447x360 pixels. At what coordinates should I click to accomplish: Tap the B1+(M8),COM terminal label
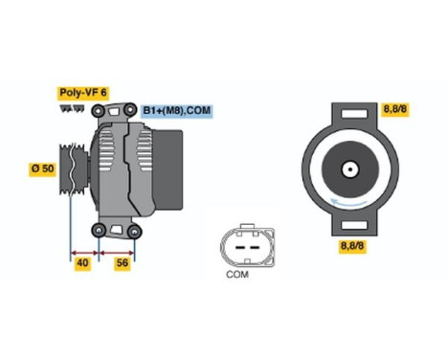coord(177,110)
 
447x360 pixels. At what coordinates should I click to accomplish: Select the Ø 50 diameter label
coord(43,169)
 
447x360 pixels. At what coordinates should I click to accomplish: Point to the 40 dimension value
coord(83,262)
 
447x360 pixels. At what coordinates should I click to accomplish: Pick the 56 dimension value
coord(122,262)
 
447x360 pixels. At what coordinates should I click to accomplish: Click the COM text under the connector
coord(236,274)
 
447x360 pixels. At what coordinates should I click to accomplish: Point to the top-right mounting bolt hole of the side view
coord(132,111)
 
